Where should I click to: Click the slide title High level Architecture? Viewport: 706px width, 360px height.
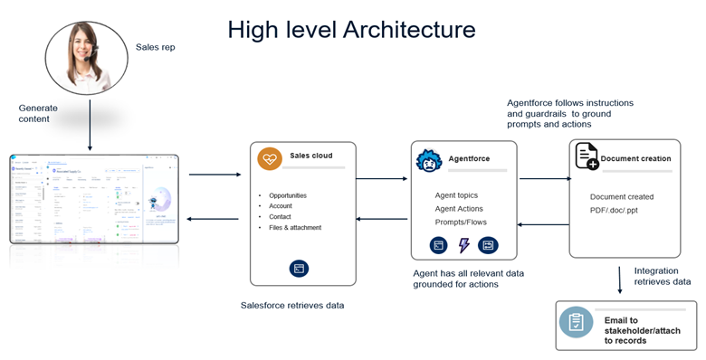click(x=351, y=29)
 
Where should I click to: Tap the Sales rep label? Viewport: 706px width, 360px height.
click(x=157, y=46)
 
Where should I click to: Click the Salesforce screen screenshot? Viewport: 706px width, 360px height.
click(x=94, y=199)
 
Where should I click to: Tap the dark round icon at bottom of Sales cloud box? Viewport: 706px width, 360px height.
click(x=301, y=268)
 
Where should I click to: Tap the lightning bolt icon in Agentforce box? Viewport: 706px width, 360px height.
click(x=464, y=245)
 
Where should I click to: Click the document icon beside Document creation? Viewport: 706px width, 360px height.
click(x=587, y=156)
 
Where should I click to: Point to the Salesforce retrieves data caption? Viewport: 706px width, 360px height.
click(x=292, y=305)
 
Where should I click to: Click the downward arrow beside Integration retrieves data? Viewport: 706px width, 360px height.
click(x=619, y=280)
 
